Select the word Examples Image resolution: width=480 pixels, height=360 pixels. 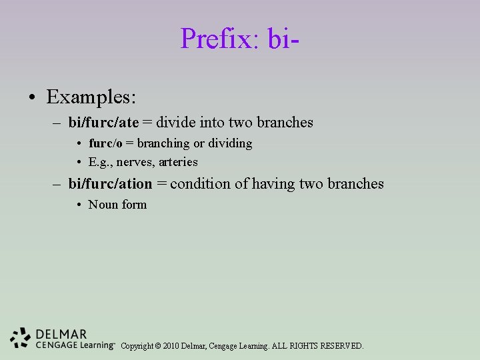91,97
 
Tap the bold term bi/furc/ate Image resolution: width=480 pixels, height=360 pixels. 103,123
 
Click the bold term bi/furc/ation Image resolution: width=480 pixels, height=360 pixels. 110,184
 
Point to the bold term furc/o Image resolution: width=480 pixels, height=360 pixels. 105,143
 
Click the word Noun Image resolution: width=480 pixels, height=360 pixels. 103,205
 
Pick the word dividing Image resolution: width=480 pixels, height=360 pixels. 230,143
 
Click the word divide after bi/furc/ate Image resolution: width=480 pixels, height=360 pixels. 177,123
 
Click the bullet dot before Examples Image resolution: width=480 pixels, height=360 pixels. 32,99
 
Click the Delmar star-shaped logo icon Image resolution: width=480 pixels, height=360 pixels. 21,338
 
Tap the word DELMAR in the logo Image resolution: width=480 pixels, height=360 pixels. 61,334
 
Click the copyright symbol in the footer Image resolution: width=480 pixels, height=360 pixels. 157,346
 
